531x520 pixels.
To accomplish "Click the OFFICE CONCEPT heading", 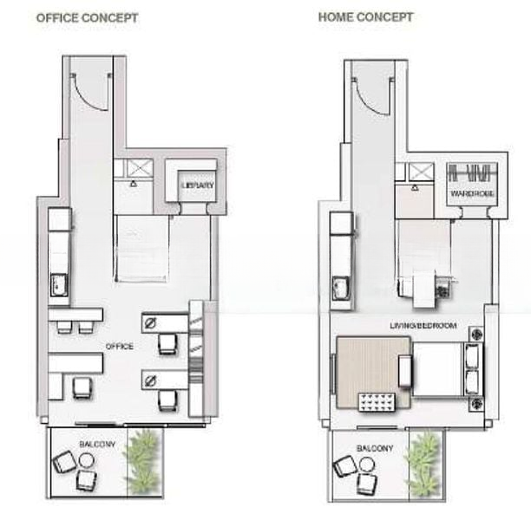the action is point(88,18).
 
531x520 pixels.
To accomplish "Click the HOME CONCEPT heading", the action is point(366,17).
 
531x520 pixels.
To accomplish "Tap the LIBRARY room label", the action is point(198,185).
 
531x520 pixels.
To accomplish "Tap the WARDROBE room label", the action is point(472,193).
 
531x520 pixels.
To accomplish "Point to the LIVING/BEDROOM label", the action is point(423,326).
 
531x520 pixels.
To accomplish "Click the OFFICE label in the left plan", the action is point(120,346).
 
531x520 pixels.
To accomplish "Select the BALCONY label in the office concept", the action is point(97,444).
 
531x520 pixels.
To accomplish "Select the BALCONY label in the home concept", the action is point(375,448).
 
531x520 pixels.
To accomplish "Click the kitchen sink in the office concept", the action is point(59,285).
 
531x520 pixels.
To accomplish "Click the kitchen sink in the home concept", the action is point(342,288).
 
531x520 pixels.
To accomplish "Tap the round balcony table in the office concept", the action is point(86,461).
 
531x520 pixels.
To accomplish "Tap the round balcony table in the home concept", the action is point(366,465).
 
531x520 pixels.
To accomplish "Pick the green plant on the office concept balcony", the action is point(143,461).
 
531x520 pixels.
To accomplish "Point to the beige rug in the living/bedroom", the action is point(372,372).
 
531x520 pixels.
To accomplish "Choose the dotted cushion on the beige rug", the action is point(377,402).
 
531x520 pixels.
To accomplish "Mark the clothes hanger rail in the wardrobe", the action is point(472,172).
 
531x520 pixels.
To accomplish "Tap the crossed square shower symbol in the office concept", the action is point(141,167).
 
